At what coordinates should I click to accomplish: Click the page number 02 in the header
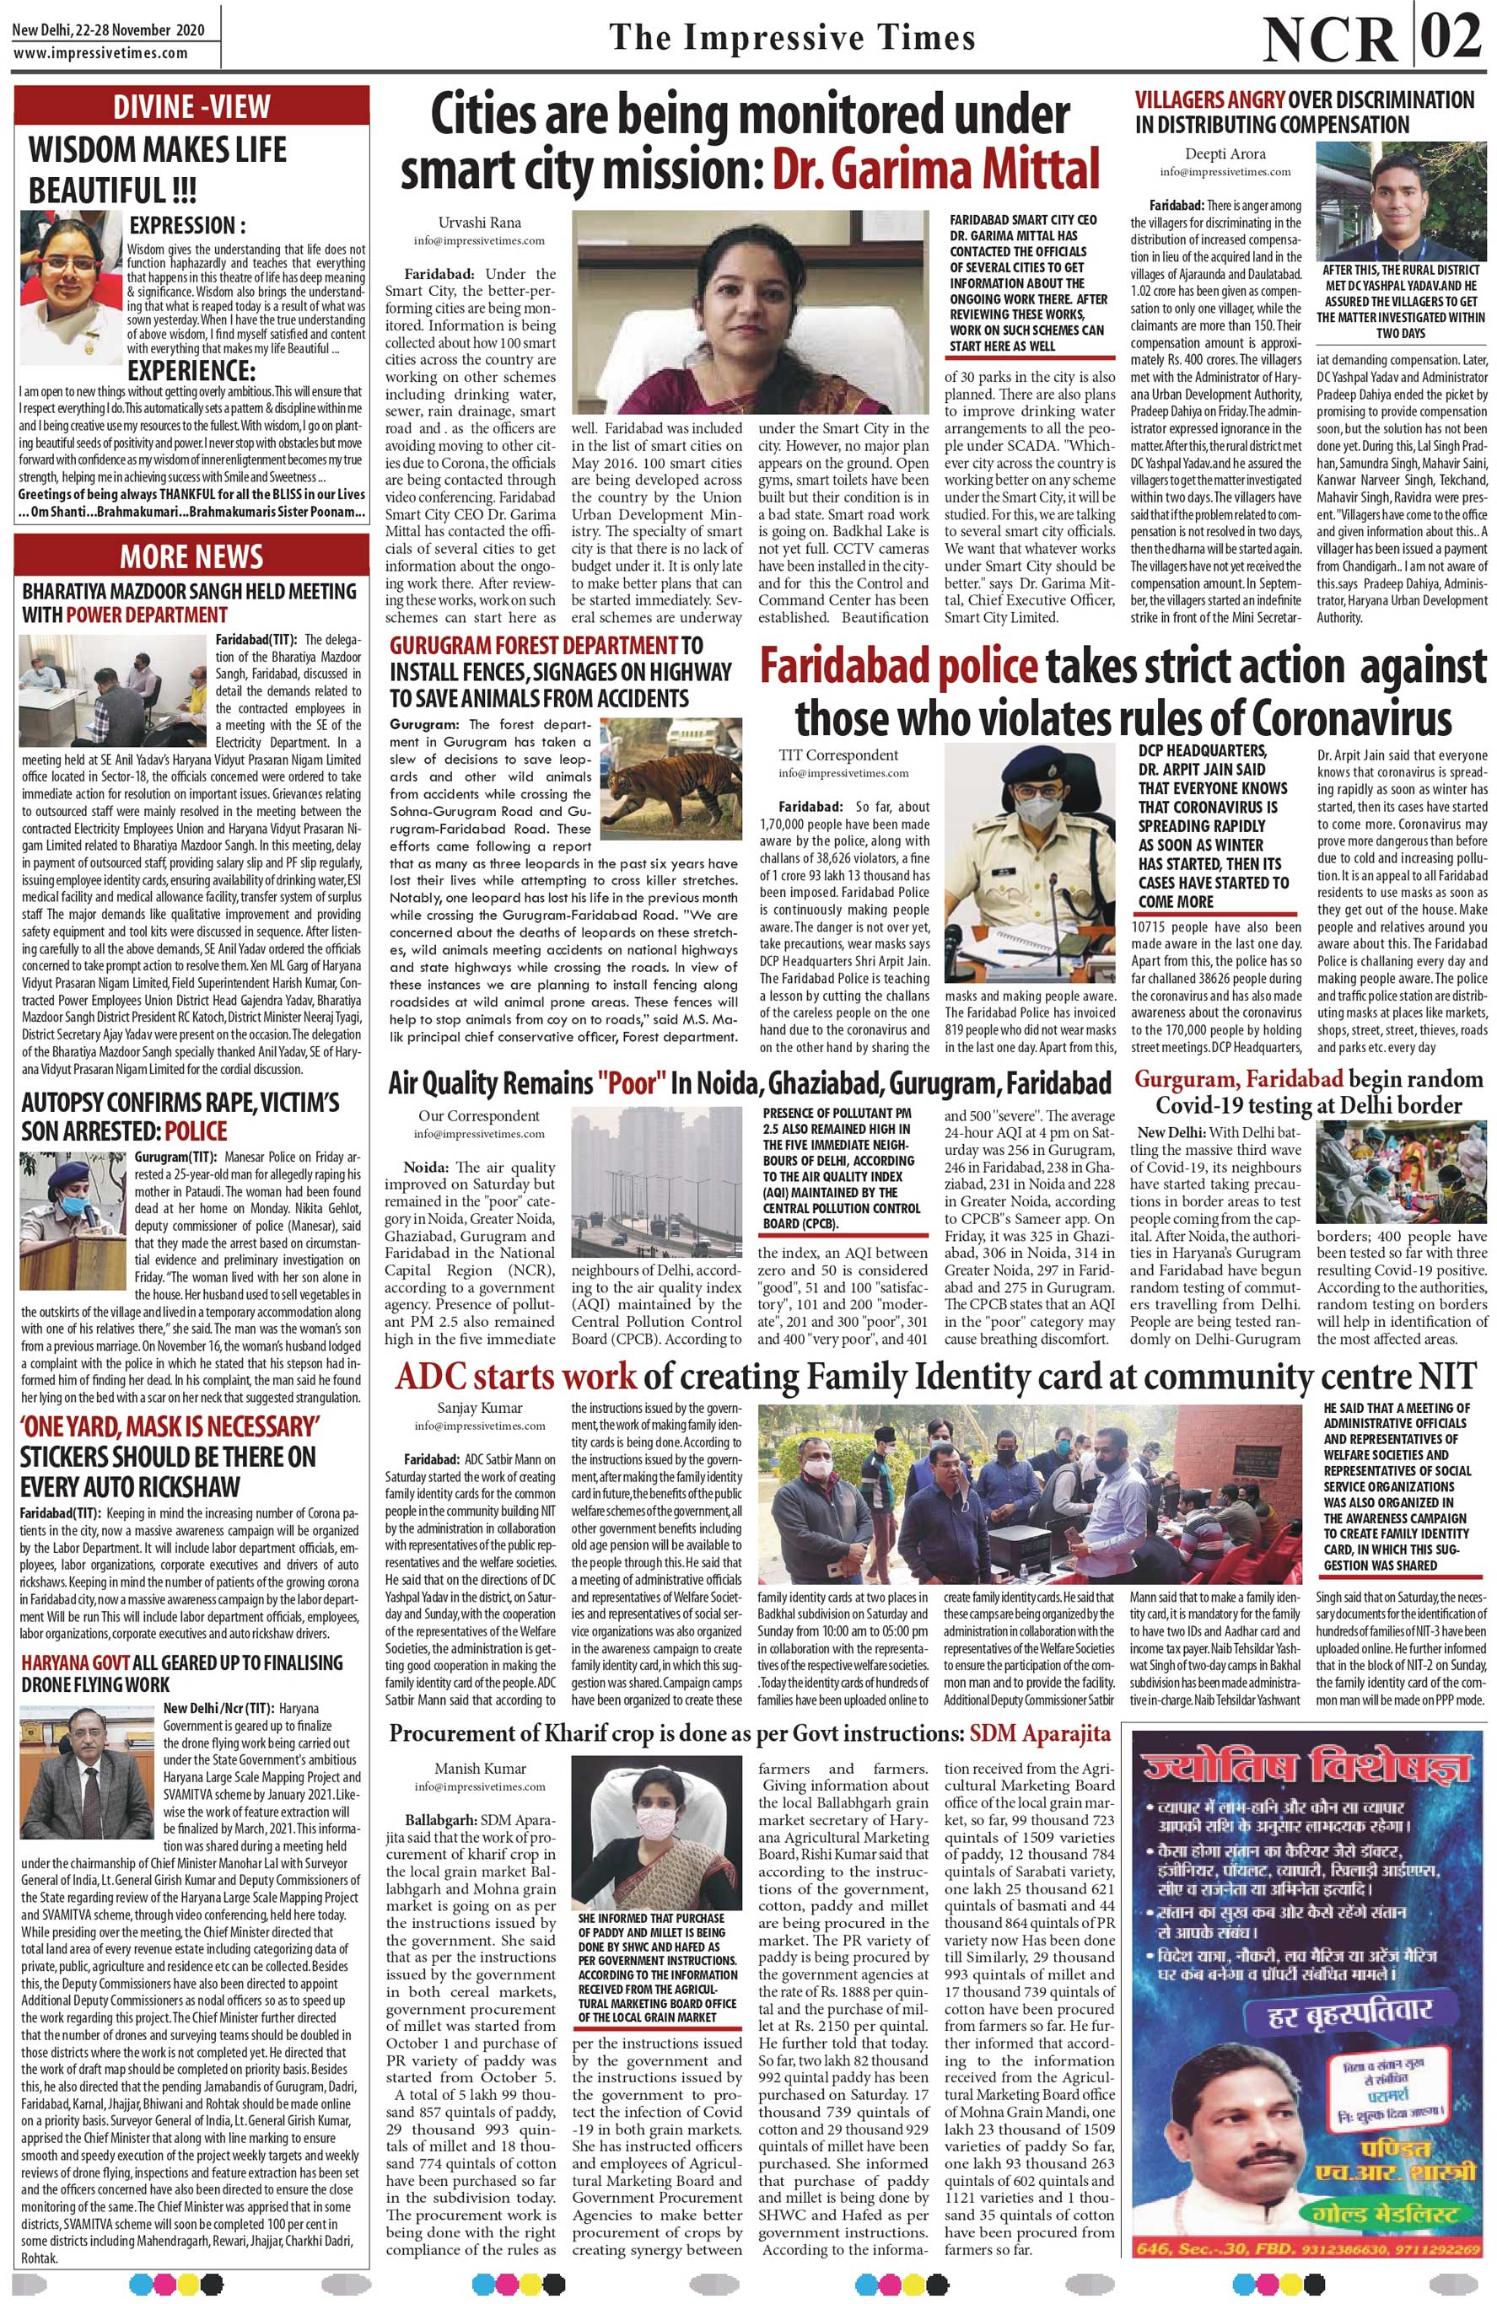pos(1449,37)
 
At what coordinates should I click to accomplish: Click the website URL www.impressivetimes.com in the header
pos(100,53)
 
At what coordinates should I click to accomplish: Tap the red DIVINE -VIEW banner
pos(191,105)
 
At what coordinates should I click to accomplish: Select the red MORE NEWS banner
pos(191,556)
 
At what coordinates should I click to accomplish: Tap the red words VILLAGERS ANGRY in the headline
pos(1210,100)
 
